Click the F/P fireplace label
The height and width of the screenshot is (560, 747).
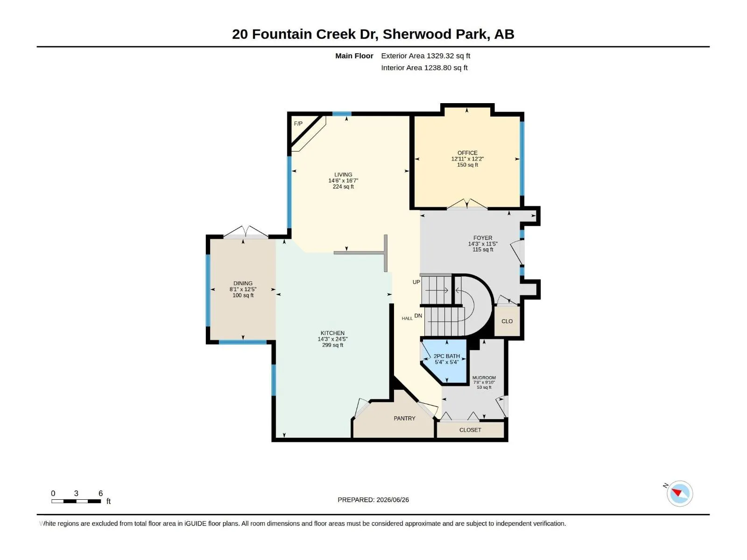coord(298,123)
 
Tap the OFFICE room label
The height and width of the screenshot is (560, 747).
coord(467,153)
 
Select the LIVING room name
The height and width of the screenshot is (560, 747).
coord(343,175)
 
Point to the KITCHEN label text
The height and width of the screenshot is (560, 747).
coord(332,333)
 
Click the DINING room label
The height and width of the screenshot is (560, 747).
coord(243,283)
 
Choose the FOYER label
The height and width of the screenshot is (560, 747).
coord(483,238)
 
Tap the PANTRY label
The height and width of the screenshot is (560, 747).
coord(404,418)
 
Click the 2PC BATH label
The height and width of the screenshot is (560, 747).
coord(446,356)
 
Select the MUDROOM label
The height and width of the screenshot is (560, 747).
coord(484,378)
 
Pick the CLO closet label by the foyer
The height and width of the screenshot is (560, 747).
coord(507,322)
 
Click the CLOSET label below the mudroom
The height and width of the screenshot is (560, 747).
coord(470,430)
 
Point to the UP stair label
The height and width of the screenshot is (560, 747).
coord(416,282)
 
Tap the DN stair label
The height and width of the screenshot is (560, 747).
coord(418,315)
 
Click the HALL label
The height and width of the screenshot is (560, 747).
coord(407,319)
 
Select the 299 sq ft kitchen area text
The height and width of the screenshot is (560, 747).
coord(332,345)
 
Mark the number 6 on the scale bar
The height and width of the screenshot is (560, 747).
coord(100,493)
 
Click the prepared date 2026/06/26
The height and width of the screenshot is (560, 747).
coord(392,500)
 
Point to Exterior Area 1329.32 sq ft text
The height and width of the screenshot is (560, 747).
coord(425,56)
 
